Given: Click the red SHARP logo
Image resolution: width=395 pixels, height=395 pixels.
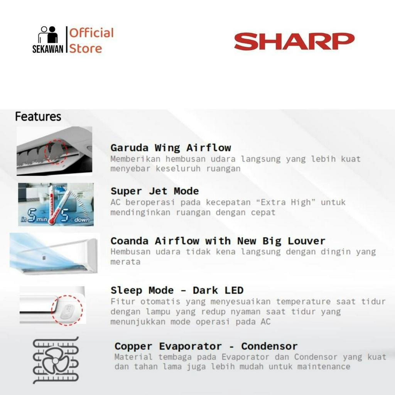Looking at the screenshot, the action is tap(294, 41).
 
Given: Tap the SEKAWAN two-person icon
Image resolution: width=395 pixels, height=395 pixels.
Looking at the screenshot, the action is tap(48, 34).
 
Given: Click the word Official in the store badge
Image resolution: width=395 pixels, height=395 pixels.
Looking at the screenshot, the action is tap(91, 33).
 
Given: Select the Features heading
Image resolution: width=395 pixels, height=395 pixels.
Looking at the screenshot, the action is tap(38, 116).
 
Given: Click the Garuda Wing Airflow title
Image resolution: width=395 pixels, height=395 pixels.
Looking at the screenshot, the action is tap(171, 148).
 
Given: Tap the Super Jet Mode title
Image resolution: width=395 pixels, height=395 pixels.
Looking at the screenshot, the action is tap(155, 191).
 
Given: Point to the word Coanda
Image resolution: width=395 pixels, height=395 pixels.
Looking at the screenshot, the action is tap(130, 241).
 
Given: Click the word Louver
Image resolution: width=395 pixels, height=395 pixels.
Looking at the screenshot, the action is tap(306, 241).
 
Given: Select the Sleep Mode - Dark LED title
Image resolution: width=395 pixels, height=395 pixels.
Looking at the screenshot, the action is tap(177, 290).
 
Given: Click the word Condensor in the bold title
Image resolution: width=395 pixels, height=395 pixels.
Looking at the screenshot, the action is tap(269, 346).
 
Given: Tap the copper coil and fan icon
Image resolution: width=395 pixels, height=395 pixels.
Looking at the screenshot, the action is tap(56, 360).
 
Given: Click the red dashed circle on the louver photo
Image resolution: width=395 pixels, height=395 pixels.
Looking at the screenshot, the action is tap(56, 152).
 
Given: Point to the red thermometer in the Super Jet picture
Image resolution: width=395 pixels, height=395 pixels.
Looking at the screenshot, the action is tap(52, 204).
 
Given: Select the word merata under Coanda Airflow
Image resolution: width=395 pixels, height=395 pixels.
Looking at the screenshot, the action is tap(125, 262).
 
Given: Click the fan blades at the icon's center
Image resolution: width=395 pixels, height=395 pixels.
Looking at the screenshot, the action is tap(56, 361).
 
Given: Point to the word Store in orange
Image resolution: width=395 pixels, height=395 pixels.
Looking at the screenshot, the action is tap(86, 49).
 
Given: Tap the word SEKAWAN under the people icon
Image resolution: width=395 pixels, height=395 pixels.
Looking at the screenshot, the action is tap(48, 49).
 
